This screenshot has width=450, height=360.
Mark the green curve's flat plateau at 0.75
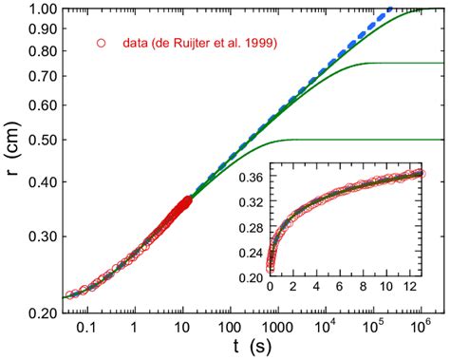(399, 64)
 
